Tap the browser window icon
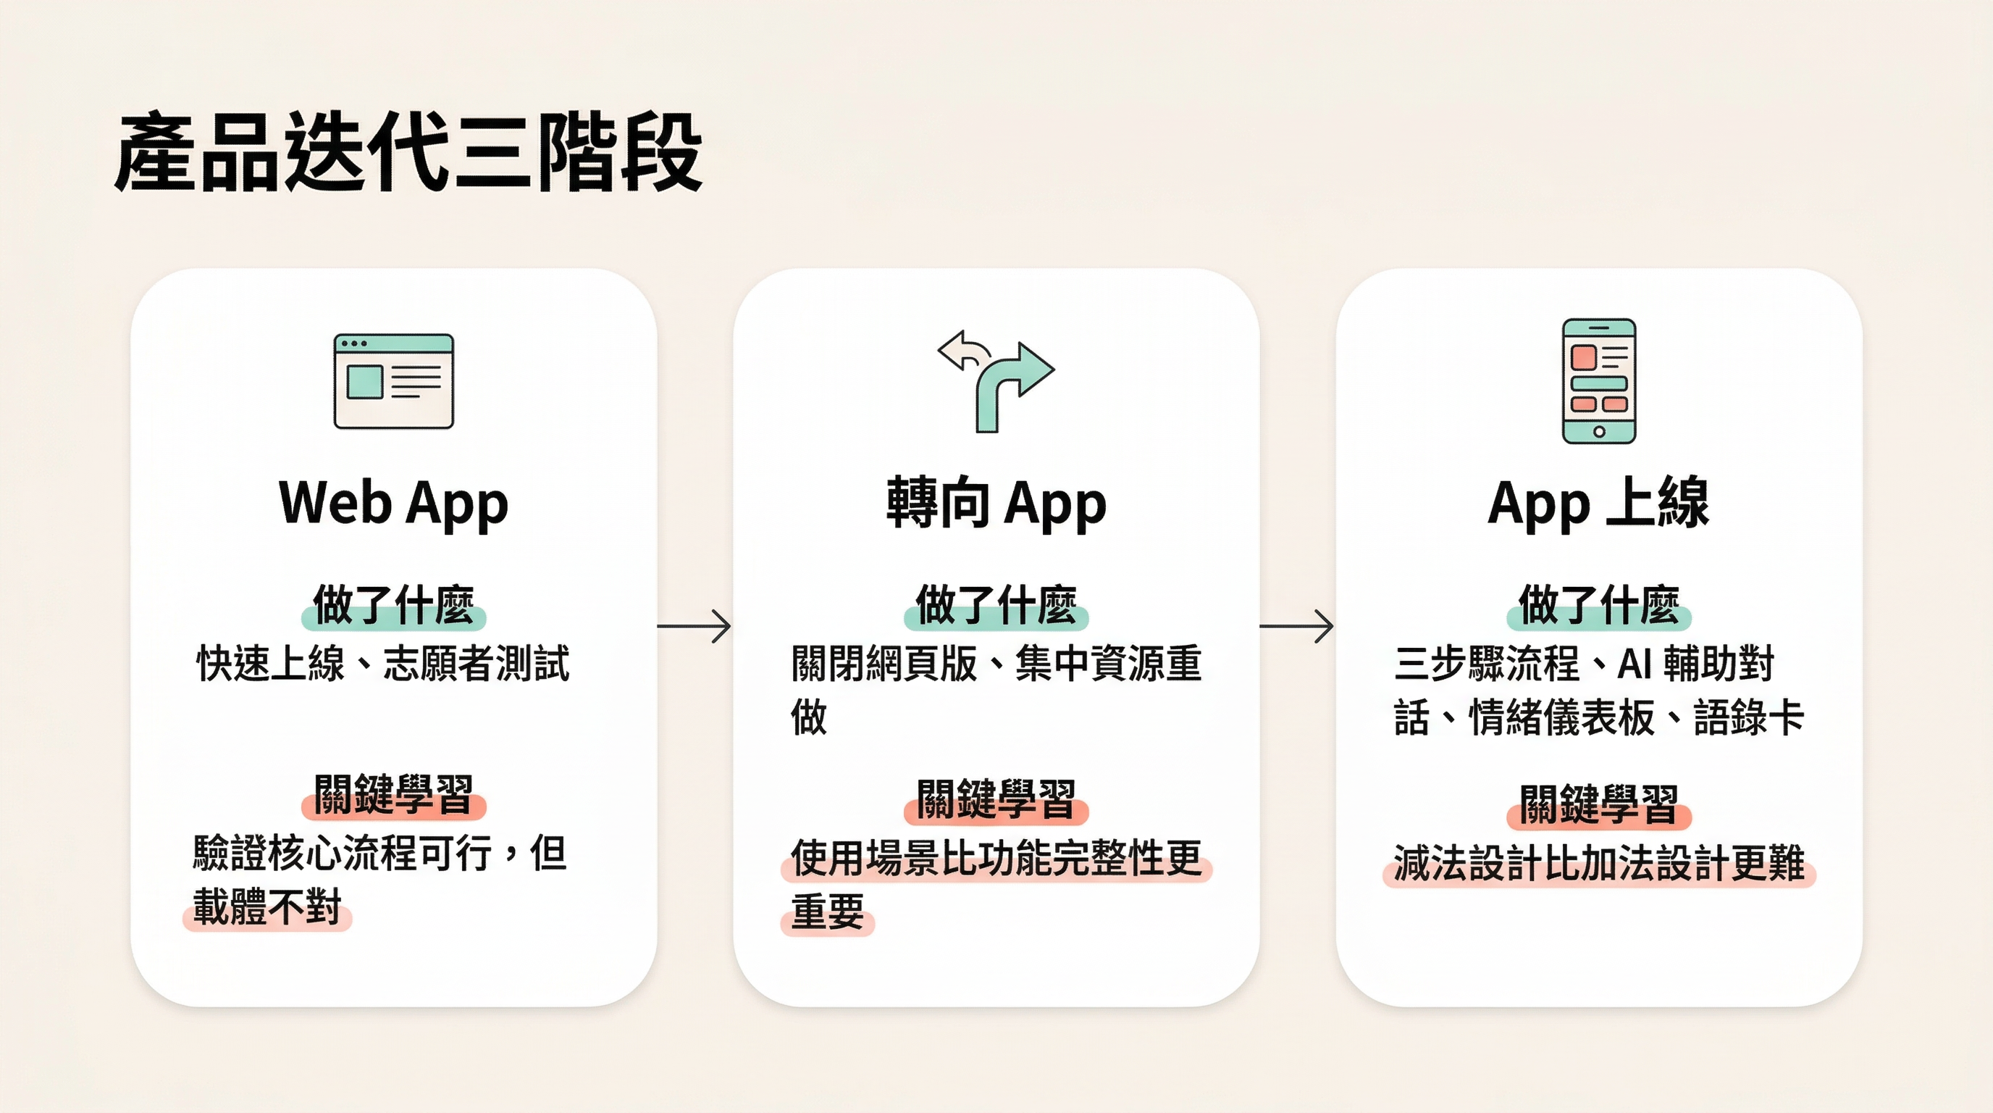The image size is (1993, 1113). coord(393,381)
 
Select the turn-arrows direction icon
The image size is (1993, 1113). coord(996,381)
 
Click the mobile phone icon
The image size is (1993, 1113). coord(1598,381)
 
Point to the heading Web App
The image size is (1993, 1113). coord(393,503)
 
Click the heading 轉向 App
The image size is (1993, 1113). coord(996,503)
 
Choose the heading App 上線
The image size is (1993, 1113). coord(1598,503)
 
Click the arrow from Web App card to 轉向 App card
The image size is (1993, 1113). coord(694,625)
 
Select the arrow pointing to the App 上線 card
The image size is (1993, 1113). coord(1297,625)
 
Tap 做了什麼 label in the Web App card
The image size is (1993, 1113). coord(393,605)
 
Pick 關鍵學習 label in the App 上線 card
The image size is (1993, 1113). coord(1598,805)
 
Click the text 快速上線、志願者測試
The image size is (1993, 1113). coord(383,664)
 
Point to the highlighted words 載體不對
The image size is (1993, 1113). coord(267,907)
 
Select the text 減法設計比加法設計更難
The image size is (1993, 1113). coord(1598,863)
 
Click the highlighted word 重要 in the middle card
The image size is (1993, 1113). coord(827,912)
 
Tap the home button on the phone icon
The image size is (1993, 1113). coord(1599,431)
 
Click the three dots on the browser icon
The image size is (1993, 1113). coord(353,343)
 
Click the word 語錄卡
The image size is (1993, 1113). coord(1748,717)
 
